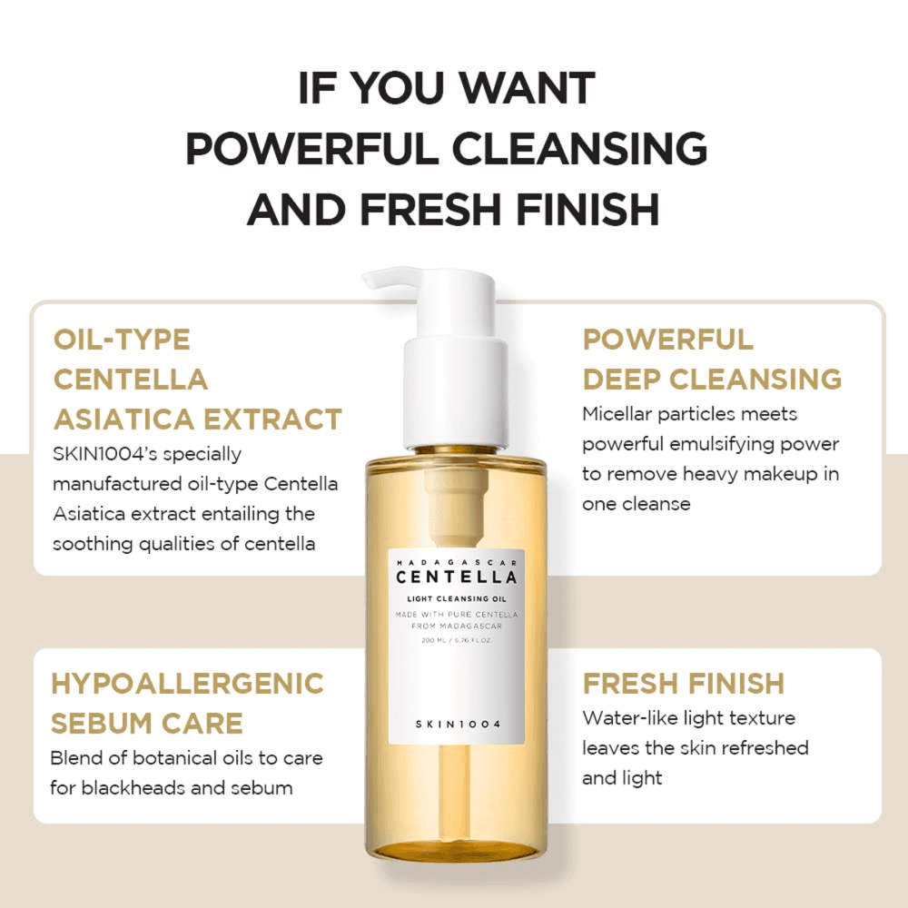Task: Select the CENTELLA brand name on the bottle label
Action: (456, 576)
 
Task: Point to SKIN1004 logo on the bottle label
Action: (456, 723)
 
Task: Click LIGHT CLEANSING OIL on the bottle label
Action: (456, 597)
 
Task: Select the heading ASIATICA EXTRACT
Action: (197, 419)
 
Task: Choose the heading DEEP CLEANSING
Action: (712, 379)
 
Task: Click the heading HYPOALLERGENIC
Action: (187, 683)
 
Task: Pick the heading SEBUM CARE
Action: (147, 723)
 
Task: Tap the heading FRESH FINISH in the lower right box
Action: (683, 683)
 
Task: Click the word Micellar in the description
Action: (619, 414)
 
